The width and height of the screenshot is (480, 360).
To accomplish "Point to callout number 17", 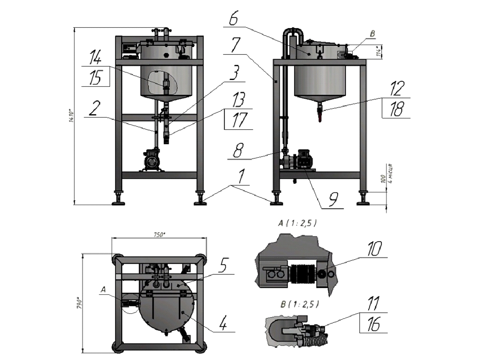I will pyautogui.click(x=238, y=120).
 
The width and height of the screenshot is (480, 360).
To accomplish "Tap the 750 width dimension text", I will pyautogui.click(x=159, y=235).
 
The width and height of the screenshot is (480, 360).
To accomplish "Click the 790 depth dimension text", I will pyautogui.click(x=80, y=303).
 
